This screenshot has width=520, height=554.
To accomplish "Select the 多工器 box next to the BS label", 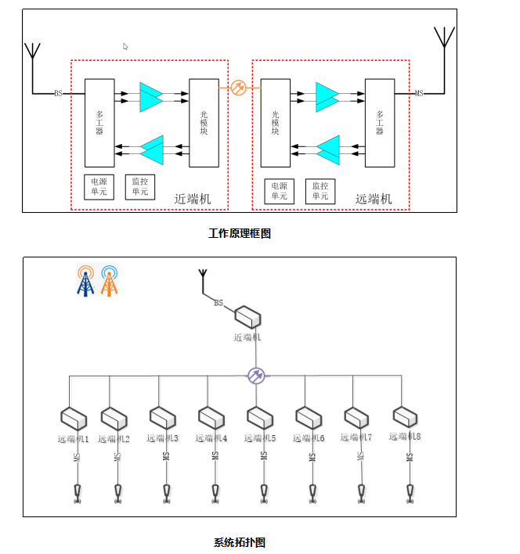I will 99,122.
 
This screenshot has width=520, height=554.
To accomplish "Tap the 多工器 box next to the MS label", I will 379,122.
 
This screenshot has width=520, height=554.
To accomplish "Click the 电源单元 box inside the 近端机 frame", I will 99,187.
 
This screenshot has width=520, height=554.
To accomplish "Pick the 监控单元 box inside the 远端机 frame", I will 320,190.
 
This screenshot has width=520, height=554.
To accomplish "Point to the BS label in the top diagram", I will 59,94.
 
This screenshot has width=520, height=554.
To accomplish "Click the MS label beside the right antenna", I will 419,94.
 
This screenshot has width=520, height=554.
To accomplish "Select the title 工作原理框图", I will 240,233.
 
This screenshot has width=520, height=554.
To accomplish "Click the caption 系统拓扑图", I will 240,542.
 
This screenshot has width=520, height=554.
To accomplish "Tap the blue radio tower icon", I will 85,281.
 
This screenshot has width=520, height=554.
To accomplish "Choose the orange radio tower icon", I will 110,281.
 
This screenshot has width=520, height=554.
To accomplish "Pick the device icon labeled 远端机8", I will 405,416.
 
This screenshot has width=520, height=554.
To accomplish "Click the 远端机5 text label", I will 260,438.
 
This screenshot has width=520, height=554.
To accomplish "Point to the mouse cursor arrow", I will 125,47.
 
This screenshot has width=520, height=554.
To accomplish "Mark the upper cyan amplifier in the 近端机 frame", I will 151,96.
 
